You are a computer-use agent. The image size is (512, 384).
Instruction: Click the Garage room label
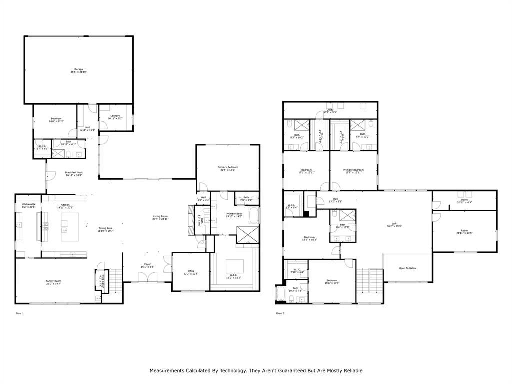click(x=79, y=69)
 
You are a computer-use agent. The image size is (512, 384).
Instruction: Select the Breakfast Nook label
click(x=73, y=173)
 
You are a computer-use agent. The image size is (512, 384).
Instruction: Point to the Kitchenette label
click(x=28, y=204)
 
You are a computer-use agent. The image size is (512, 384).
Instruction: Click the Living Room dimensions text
click(x=160, y=219)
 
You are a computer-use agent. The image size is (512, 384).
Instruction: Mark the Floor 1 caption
click(x=20, y=313)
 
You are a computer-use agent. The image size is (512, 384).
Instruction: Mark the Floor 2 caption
click(x=280, y=313)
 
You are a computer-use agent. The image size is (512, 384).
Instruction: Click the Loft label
click(x=394, y=223)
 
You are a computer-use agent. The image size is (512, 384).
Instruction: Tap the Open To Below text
click(x=407, y=268)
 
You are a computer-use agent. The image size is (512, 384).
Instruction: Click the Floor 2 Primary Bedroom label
click(x=353, y=170)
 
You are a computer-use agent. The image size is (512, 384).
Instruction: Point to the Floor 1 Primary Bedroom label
click(x=227, y=167)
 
